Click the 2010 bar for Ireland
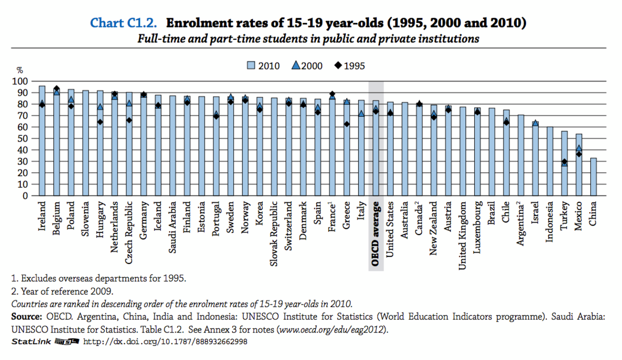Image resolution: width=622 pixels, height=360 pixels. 42,141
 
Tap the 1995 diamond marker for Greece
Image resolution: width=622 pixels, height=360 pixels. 347,124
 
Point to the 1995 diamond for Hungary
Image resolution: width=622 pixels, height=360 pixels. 100,122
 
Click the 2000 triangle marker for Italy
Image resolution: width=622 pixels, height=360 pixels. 361,114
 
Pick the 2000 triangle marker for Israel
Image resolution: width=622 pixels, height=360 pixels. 535,123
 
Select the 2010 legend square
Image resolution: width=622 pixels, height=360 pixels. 251,66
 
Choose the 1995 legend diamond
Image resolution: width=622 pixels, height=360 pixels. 338,66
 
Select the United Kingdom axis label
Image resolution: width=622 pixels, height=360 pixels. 463,235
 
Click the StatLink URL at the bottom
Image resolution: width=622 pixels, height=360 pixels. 165,342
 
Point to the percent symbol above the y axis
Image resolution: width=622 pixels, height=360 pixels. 20,70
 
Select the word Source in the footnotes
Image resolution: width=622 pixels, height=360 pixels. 26,316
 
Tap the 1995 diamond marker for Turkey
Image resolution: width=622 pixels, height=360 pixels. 564,162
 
